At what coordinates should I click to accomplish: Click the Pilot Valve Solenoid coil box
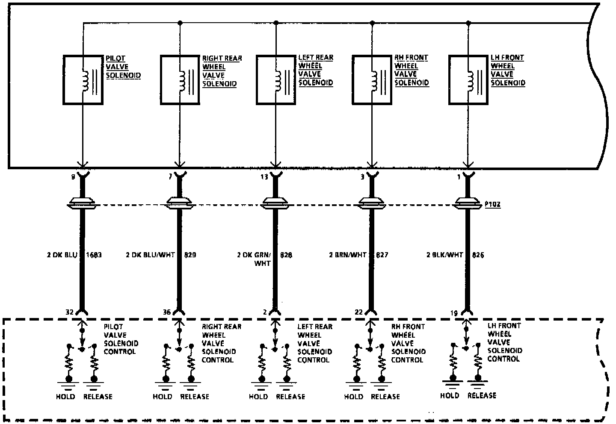[83, 79]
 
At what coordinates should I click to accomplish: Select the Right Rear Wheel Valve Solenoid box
[180, 79]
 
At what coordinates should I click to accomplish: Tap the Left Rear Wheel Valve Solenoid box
[276, 79]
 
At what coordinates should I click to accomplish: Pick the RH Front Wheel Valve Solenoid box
[372, 79]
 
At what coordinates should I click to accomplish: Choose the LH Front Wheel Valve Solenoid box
[468, 79]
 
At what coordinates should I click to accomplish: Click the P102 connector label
[492, 205]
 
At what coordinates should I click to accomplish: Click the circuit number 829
[190, 255]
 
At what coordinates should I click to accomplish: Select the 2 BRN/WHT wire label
[347, 255]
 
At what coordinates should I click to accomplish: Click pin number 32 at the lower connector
[70, 312]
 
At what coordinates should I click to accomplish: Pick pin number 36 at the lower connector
[167, 312]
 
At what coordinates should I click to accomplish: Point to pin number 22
[359, 312]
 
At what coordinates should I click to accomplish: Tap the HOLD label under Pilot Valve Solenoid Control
[65, 397]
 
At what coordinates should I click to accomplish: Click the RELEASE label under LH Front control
[482, 395]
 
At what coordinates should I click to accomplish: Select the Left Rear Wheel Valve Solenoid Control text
[315, 343]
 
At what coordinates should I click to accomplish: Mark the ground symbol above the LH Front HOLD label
[452, 380]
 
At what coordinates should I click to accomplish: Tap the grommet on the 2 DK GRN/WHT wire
[275, 203]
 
